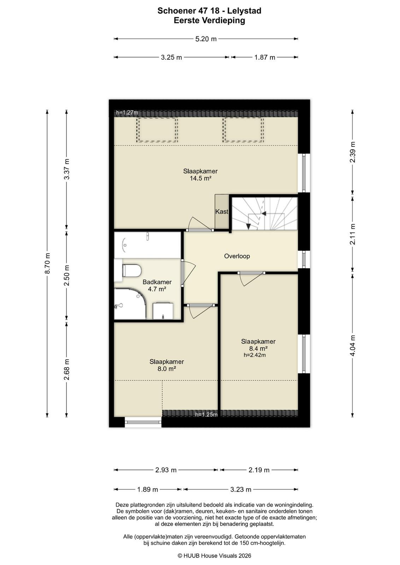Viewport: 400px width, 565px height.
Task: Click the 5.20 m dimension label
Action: click(206, 39)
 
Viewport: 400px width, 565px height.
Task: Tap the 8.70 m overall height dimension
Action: click(47, 263)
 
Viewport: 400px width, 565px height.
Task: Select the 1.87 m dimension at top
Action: click(264, 57)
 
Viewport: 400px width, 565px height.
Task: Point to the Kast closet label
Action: click(222, 212)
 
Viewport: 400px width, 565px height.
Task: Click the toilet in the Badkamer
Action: click(131, 270)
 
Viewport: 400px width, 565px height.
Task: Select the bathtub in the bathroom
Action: click(147, 245)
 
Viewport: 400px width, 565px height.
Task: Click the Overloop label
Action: click(237, 256)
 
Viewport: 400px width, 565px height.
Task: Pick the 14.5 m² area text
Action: click(200, 179)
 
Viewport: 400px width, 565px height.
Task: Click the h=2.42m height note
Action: click(255, 355)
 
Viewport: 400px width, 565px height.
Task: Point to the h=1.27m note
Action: click(127, 113)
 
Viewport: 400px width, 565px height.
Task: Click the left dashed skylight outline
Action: click(157, 130)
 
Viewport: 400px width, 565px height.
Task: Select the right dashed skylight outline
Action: click(243, 130)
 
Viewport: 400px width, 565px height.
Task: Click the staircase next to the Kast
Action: click(264, 213)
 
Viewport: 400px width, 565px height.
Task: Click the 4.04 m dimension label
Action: click(353, 345)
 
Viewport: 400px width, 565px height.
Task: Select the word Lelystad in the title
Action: click(244, 11)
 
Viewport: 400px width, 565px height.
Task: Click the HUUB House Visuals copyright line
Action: click(214, 556)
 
